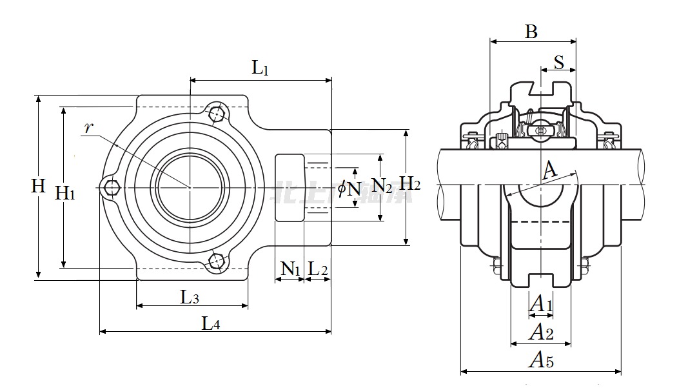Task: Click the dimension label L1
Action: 260,67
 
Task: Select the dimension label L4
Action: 211,322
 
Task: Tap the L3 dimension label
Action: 190,297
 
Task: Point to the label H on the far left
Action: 39,186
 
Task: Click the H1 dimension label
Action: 65,192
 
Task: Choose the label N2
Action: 382,187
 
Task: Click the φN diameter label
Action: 349,189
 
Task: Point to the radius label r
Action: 89,127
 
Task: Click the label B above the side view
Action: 531,31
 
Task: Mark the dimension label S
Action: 559,63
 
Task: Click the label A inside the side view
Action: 549,170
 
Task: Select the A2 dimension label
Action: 541,332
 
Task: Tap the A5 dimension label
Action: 541,360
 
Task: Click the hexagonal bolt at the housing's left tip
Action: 112,188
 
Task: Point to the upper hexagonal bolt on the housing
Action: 217,114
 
